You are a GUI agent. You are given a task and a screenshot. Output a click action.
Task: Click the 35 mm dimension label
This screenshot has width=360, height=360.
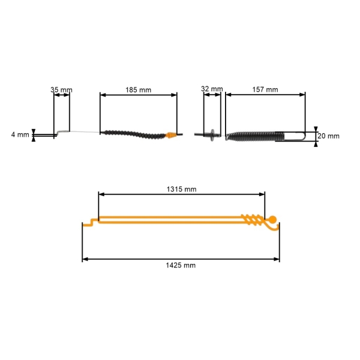pyautogui.click(x=61, y=90)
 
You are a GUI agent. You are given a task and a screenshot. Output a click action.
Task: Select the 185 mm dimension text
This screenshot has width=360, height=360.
pyautogui.click(x=138, y=90)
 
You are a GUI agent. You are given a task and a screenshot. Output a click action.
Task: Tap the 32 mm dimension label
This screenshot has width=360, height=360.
pyautogui.click(x=212, y=89)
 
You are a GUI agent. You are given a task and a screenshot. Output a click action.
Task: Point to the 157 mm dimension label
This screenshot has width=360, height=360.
pyautogui.click(x=265, y=89)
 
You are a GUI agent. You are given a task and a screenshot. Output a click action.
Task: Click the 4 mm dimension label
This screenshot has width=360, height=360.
pyautogui.click(x=20, y=134)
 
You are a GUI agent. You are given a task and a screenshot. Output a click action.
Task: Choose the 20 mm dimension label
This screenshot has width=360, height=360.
pyautogui.click(x=328, y=136)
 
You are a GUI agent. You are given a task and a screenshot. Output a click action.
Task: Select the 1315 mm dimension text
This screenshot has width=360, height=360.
pyautogui.click(x=181, y=189)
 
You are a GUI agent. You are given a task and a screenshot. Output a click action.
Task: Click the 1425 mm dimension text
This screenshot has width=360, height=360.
pyautogui.click(x=181, y=265)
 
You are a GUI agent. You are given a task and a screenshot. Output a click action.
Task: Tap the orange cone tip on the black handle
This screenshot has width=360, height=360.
pyautogui.click(x=171, y=135)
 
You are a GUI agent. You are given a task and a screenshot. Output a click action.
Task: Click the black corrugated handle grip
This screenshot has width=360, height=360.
pyautogui.click(x=134, y=134)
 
